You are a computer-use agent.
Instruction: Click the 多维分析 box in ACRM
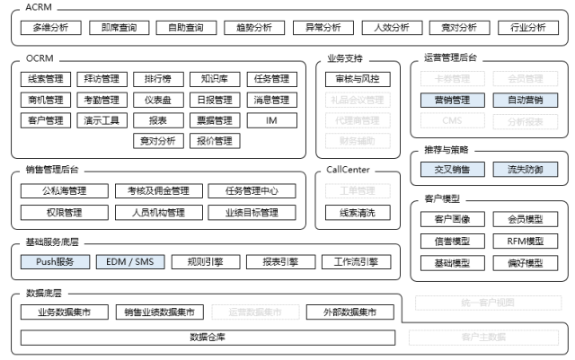(50, 27)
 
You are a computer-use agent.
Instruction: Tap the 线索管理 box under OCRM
(45, 79)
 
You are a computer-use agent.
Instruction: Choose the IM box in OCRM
(271, 120)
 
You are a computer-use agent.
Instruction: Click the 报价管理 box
(214, 141)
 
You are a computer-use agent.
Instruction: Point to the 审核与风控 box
(358, 79)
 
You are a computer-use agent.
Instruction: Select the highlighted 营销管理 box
(452, 100)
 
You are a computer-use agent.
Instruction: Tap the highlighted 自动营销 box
(526, 100)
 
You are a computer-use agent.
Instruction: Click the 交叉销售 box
(452, 169)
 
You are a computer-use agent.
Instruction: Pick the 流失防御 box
(526, 169)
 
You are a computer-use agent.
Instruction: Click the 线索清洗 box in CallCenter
(358, 213)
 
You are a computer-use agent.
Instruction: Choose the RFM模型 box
(526, 241)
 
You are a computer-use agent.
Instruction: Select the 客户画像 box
(452, 219)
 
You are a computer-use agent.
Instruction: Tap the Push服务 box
(55, 262)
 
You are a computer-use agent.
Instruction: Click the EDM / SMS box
(130, 262)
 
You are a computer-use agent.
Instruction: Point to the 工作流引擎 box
(357, 262)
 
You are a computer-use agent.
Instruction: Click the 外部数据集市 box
(357, 312)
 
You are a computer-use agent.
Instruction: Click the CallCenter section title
(349, 169)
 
